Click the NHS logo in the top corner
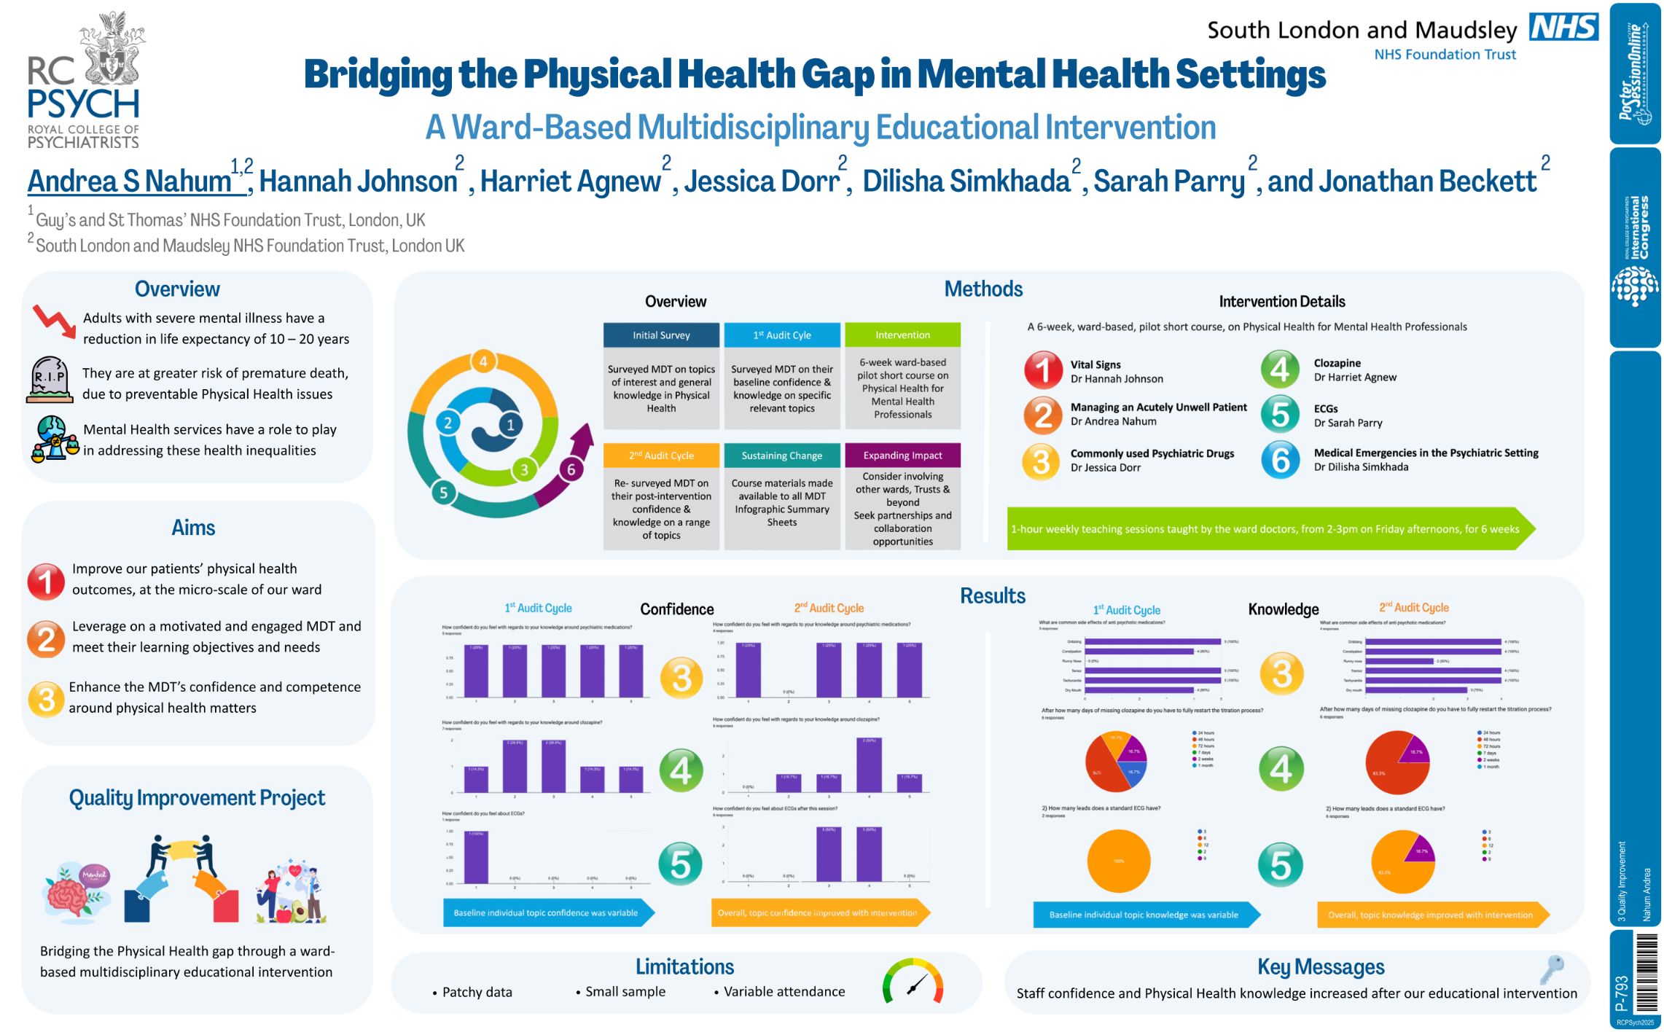(1563, 27)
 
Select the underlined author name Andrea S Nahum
(130, 181)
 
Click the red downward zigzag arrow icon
(54, 321)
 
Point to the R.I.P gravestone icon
(50, 379)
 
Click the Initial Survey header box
(660, 335)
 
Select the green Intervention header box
(902, 335)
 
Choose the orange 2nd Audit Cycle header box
(660, 456)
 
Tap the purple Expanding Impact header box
(902, 456)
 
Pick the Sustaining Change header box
(781, 456)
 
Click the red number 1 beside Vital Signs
(1042, 370)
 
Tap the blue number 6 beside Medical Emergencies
(1280, 460)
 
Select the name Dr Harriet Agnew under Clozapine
(1355, 378)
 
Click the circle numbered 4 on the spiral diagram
(483, 361)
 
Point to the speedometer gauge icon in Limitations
(913, 982)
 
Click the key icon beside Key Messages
(1551, 970)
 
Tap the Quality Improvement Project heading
(197, 798)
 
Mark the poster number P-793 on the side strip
(1622, 993)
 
